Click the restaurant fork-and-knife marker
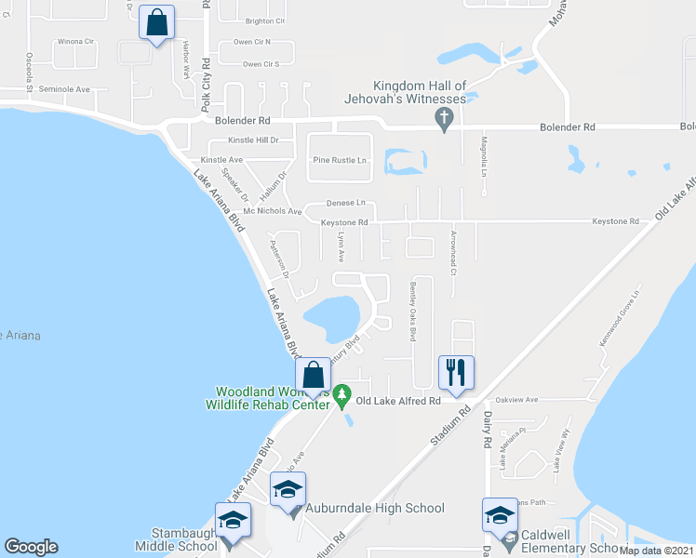[x=455, y=373]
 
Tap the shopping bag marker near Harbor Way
[x=157, y=22]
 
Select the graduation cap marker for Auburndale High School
[x=288, y=489]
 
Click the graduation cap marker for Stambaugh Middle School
[x=233, y=520]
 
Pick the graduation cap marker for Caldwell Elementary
[x=500, y=515]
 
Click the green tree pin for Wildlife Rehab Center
[x=341, y=396]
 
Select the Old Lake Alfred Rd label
[x=398, y=401]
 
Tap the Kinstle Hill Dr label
[x=253, y=140]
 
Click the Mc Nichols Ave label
[x=273, y=211]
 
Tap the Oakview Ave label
[x=519, y=400]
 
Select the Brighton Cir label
[x=265, y=20]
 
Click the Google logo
[x=32, y=547]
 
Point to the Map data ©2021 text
[x=656, y=551]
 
